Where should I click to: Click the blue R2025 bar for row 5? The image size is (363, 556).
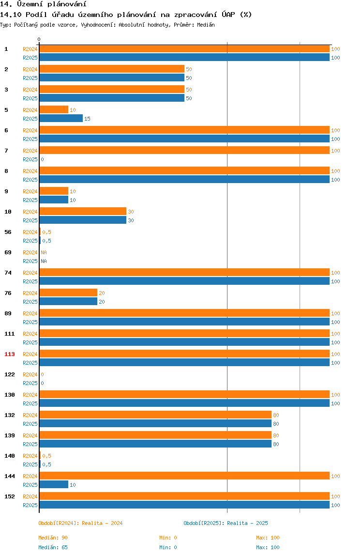[x=61, y=119]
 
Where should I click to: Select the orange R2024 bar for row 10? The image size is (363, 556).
[x=83, y=211]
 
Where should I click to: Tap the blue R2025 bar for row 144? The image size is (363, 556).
[x=54, y=484]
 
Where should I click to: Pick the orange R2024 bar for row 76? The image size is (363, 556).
[x=68, y=293]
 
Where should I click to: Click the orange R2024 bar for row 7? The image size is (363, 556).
[x=185, y=150]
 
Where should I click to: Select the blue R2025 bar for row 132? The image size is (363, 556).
[x=156, y=423]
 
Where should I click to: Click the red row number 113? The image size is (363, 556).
[x=10, y=354]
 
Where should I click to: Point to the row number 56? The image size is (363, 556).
[x=8, y=232]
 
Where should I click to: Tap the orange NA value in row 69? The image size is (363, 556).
[x=44, y=252]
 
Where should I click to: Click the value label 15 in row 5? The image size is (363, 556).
[x=87, y=119]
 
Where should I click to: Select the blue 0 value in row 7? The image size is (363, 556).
[x=42, y=159]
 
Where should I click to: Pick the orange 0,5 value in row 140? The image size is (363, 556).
[x=46, y=456]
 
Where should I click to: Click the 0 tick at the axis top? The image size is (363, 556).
[x=39, y=39]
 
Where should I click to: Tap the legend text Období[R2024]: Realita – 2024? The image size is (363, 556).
[x=80, y=523]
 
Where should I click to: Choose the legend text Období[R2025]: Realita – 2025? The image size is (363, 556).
[x=226, y=523]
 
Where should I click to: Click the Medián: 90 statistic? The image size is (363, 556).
[x=53, y=538]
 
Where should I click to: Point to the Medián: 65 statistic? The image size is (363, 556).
[x=53, y=547]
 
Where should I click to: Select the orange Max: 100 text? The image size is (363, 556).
[x=268, y=538]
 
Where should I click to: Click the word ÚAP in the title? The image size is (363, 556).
[x=228, y=15]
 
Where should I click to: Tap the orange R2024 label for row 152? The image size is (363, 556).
[x=30, y=496]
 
